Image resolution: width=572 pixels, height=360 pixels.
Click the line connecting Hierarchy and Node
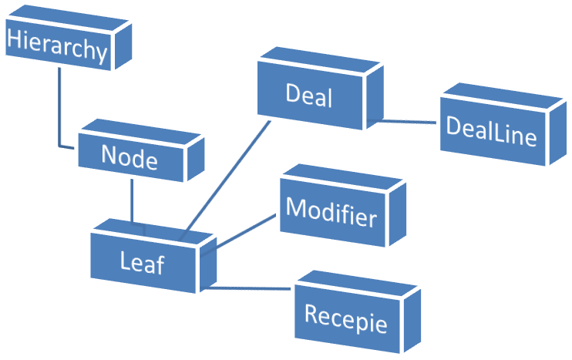tap(59, 108)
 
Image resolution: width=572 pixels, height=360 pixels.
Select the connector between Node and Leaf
tap(132, 202)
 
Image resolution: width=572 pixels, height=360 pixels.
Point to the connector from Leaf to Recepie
tap(251, 288)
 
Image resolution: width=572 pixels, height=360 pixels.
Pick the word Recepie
tap(345, 317)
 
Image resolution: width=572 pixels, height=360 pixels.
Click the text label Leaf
tap(143, 264)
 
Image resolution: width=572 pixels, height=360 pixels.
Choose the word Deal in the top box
tap(308, 97)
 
